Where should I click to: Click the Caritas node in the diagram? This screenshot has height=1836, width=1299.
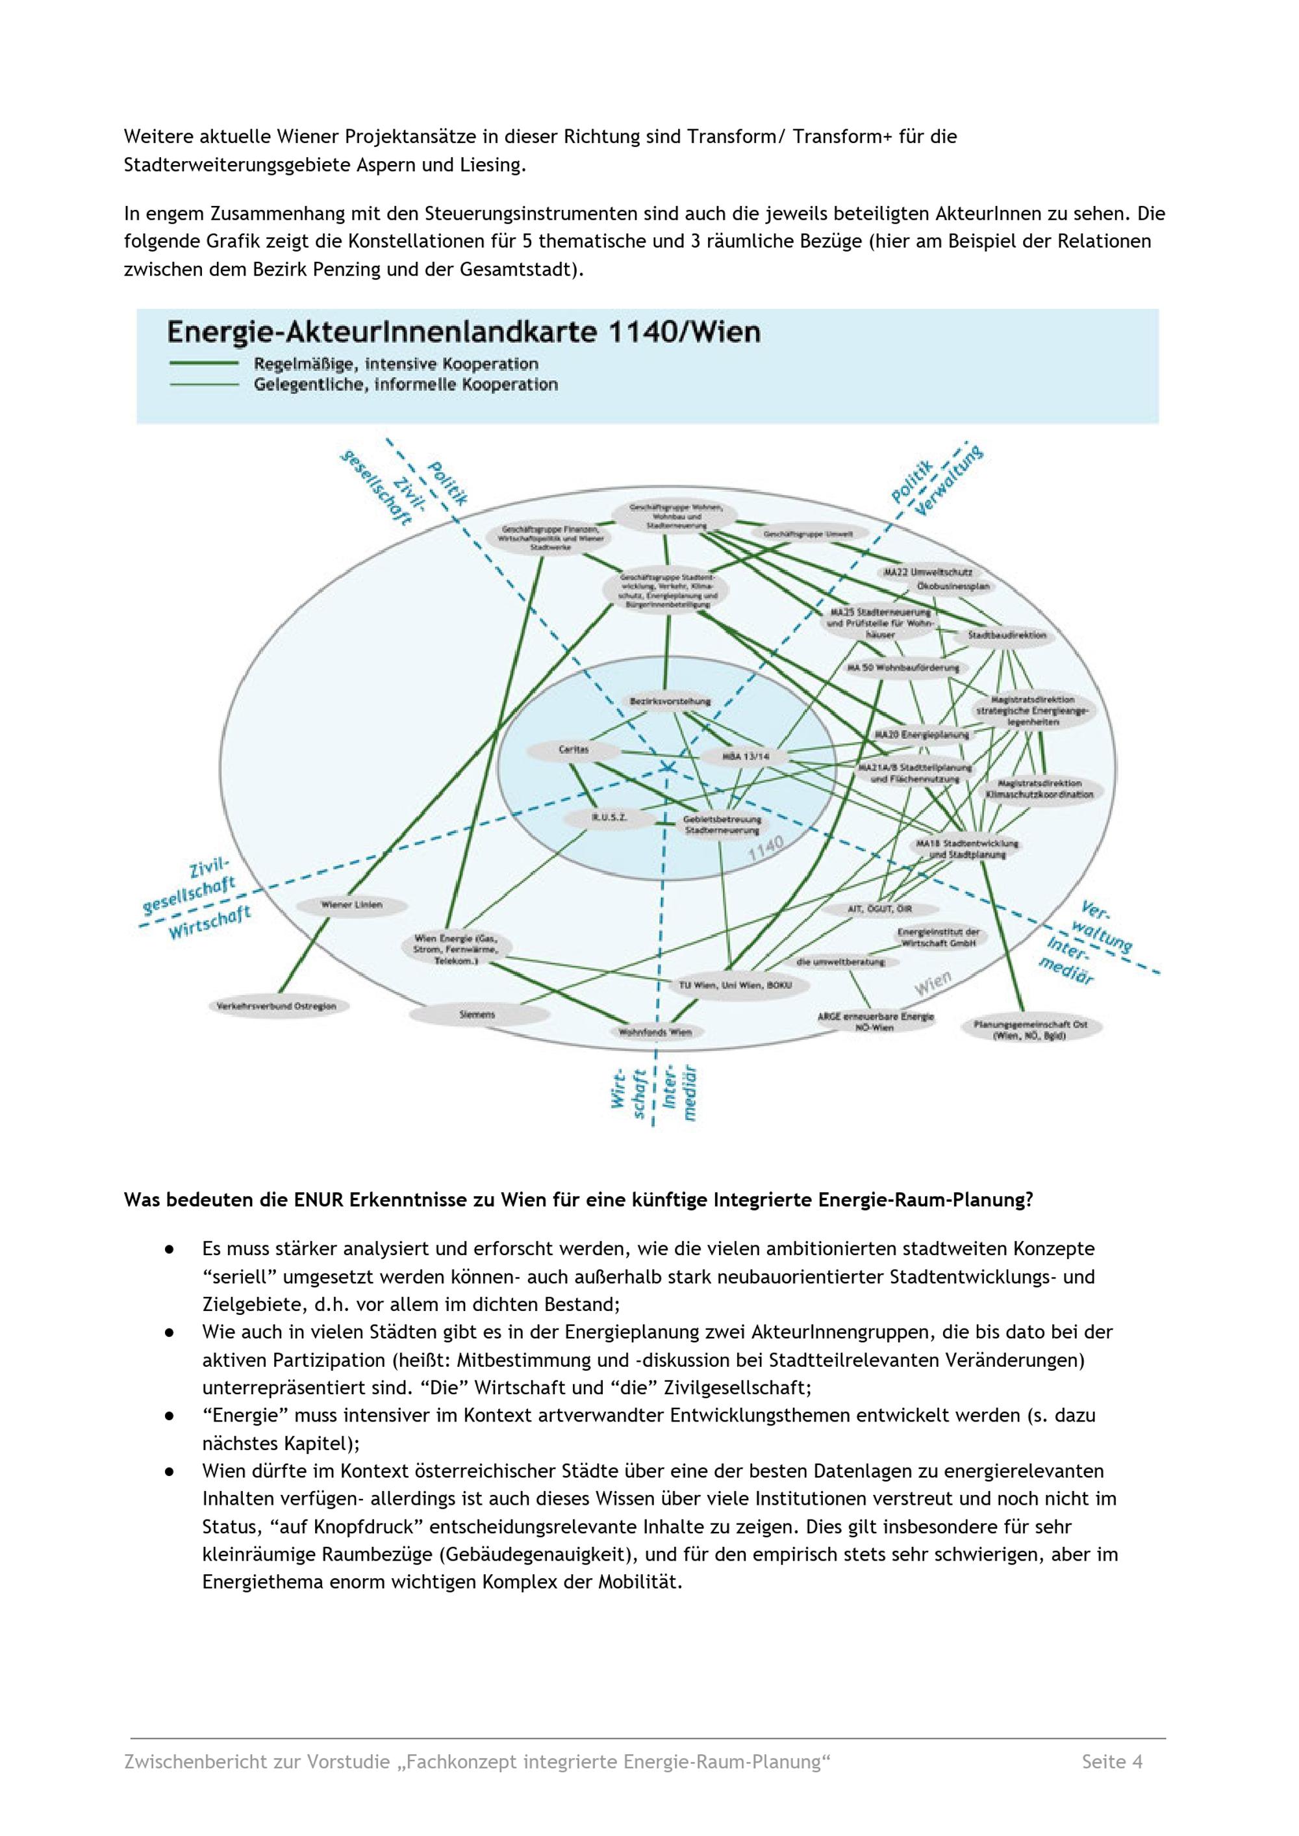pyautogui.click(x=574, y=750)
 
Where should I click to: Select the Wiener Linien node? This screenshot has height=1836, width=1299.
pyautogui.click(x=351, y=905)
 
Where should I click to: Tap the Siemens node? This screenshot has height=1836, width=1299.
pyautogui.click(x=477, y=1014)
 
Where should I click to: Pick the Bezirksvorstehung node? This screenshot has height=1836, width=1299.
pyautogui.click(x=670, y=702)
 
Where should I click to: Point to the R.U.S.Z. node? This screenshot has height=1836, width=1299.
pyautogui.click(x=609, y=817)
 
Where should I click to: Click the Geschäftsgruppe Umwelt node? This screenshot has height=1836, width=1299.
pyautogui.click(x=808, y=533)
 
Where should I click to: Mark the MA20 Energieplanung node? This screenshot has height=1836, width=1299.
pyautogui.click(x=922, y=733)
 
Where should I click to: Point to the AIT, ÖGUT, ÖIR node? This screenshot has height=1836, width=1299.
pyautogui.click(x=880, y=909)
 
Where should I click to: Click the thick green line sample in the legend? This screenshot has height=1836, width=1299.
pyautogui.click(x=204, y=363)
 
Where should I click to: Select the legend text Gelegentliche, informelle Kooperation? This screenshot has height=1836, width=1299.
pyautogui.click(x=405, y=385)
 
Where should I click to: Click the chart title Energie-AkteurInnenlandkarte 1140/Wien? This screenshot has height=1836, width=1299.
pyautogui.click(x=463, y=331)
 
